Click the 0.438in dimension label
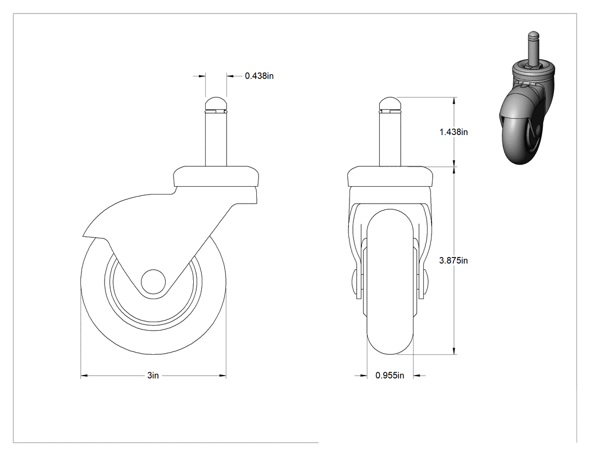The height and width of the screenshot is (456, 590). (x=259, y=76)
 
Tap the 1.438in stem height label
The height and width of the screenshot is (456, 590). (x=454, y=132)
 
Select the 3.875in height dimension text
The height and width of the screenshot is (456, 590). (x=454, y=260)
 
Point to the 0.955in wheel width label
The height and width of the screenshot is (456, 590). (x=390, y=376)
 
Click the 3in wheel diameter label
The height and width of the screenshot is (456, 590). (x=153, y=376)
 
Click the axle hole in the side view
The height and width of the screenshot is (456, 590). (x=153, y=281)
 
